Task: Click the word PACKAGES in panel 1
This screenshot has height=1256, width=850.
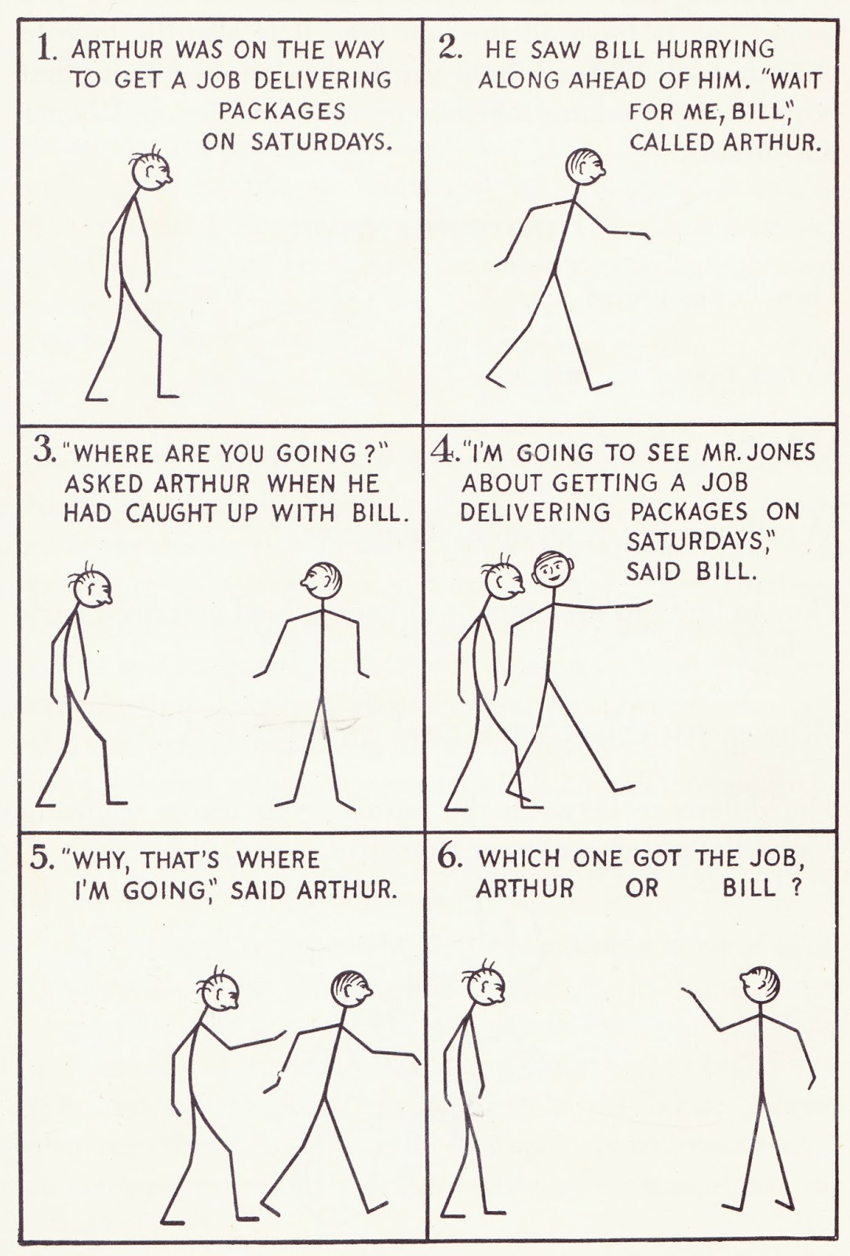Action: (x=282, y=111)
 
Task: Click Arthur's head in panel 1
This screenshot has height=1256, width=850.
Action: (x=151, y=171)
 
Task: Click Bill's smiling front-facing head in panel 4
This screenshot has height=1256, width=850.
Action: (x=552, y=568)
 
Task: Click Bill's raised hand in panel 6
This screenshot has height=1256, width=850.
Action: (x=688, y=992)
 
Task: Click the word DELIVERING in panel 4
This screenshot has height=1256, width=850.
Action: (x=536, y=513)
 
